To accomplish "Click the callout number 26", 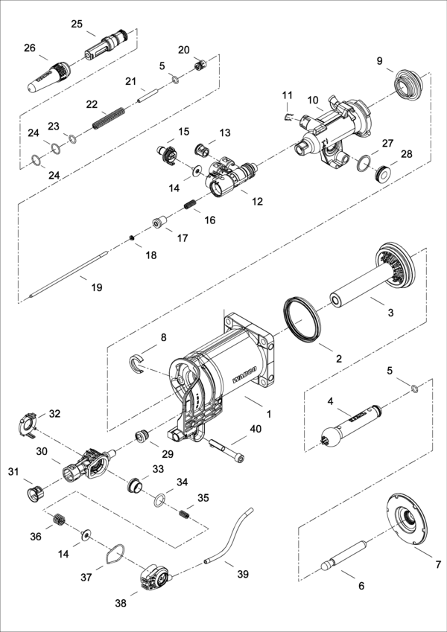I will (29, 48).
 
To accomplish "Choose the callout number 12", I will (257, 201).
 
